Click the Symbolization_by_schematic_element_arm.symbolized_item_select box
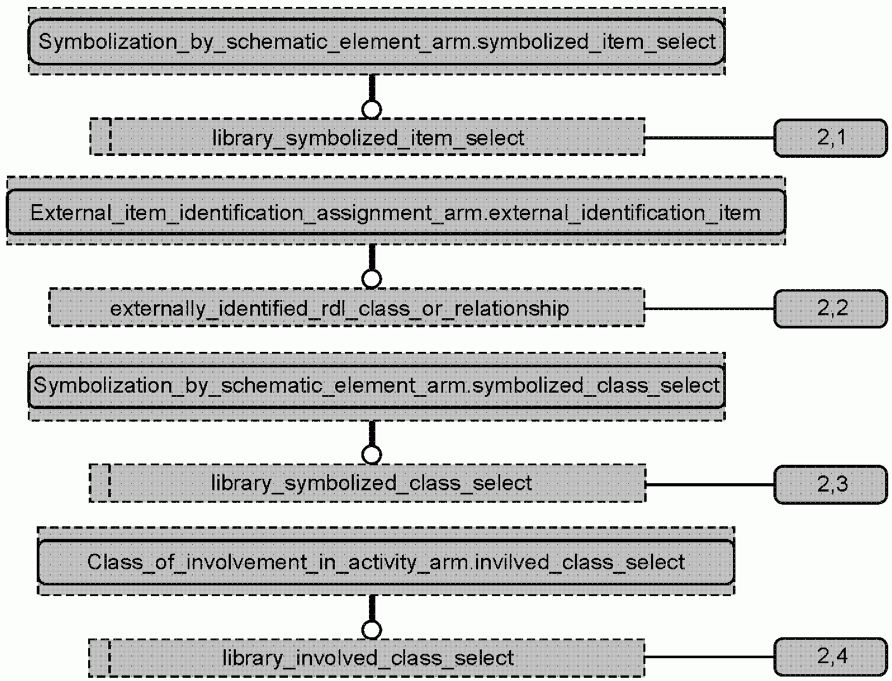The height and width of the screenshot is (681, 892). [377, 42]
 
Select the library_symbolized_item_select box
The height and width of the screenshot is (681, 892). [367, 137]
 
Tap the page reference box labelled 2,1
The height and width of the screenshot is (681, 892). [831, 138]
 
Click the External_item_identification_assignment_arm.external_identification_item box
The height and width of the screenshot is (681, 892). [396, 212]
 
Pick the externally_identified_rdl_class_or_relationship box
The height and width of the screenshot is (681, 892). [347, 308]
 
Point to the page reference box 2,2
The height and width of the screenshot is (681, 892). [831, 309]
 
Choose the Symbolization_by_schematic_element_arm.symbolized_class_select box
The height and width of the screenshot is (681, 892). [377, 386]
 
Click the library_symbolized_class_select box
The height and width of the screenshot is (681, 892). [367, 484]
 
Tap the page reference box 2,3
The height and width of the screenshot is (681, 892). [831, 484]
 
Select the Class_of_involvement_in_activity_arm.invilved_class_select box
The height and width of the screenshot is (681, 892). [386, 562]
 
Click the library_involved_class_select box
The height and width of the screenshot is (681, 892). [367, 658]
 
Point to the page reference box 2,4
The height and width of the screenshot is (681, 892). [831, 657]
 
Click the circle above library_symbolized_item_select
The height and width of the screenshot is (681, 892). [372, 109]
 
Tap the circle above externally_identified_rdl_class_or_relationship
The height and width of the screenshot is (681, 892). [372, 279]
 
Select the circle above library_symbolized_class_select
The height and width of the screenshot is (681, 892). [372, 455]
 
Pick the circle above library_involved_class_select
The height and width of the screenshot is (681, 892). [372, 630]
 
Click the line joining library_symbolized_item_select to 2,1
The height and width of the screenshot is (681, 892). [709, 138]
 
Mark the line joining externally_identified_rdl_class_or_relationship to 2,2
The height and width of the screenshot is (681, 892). [709, 309]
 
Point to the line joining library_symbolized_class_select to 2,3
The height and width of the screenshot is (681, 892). [709, 484]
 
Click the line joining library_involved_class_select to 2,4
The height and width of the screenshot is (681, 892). [709, 657]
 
